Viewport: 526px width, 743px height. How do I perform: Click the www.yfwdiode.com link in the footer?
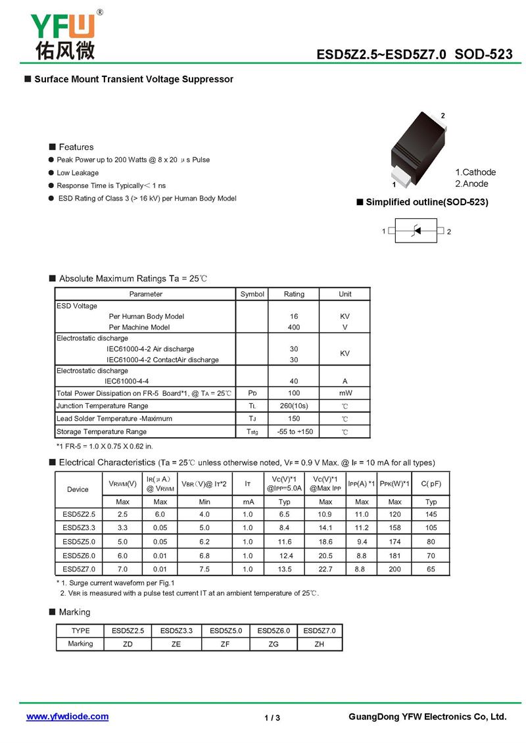click(67, 716)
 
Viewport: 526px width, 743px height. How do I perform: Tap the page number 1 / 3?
click(272, 717)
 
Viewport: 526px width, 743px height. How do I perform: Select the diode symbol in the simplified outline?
click(416, 231)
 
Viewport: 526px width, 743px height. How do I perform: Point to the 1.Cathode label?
click(475, 172)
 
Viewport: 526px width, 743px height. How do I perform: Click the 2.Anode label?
click(471, 184)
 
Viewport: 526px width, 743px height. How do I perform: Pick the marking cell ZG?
click(274, 644)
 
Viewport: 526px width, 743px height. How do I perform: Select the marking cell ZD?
click(128, 644)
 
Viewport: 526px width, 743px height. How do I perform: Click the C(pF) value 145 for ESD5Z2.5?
click(431, 514)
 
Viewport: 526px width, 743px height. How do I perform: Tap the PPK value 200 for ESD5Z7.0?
click(394, 569)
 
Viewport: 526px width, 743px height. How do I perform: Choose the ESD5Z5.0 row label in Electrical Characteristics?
click(79, 542)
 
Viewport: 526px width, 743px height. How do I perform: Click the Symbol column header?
click(252, 294)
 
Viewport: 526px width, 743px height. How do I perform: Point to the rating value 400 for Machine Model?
click(294, 327)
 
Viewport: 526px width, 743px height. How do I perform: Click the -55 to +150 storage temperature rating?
click(295, 431)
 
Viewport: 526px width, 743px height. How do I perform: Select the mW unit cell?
click(345, 393)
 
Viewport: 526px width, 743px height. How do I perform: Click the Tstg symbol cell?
click(252, 431)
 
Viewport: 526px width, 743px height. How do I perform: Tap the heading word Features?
click(76, 147)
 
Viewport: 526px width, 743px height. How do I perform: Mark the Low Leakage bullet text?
click(78, 173)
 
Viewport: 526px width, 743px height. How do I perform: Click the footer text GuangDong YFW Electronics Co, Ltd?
click(427, 716)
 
